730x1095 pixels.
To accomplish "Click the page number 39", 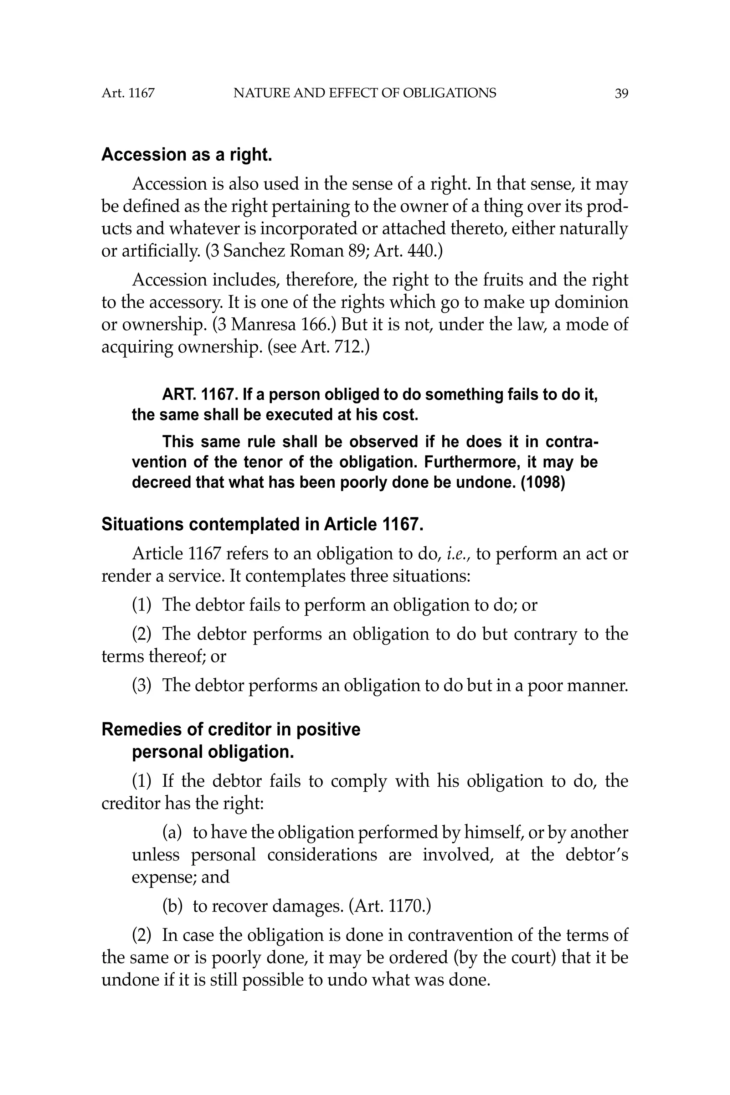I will [x=621, y=94].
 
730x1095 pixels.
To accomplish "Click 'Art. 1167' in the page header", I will [x=128, y=94].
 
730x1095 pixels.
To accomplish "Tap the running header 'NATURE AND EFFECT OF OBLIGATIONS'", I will [x=365, y=94].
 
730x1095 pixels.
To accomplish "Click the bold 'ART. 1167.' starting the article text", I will [x=200, y=395].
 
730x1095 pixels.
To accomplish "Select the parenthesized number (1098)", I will [x=543, y=482].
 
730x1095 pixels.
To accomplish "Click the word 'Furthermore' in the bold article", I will [x=473, y=462].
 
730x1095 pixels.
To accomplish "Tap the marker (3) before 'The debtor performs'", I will [x=142, y=685].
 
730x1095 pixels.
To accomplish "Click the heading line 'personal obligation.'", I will [x=213, y=752].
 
